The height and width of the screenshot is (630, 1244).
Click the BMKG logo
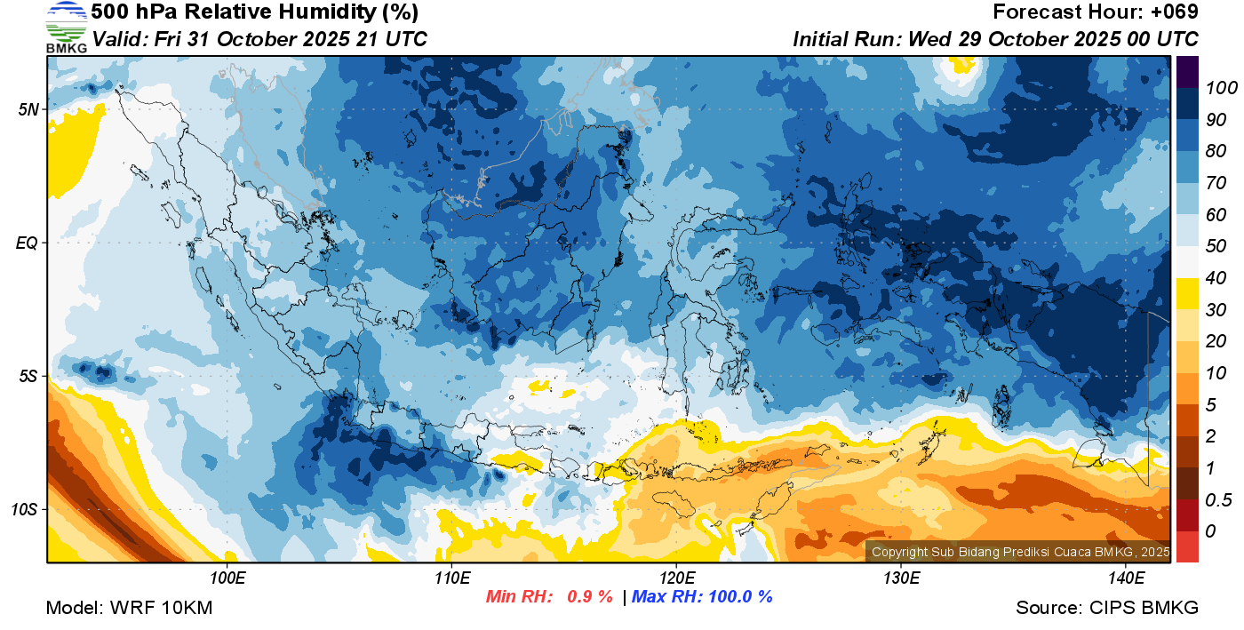click(66, 28)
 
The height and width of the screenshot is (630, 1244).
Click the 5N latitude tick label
click(28, 110)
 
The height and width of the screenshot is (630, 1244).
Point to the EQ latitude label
click(28, 243)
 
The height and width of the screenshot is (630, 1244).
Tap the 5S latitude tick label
click(28, 376)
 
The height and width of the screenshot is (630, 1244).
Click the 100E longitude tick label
click(227, 578)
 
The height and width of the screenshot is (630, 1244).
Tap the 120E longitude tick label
click(676, 578)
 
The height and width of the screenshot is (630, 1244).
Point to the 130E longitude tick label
click(901, 578)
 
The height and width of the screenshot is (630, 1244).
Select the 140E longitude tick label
click(1126, 578)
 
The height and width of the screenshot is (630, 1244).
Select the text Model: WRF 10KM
click(129, 608)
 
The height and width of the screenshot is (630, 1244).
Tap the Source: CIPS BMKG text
click(1107, 608)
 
